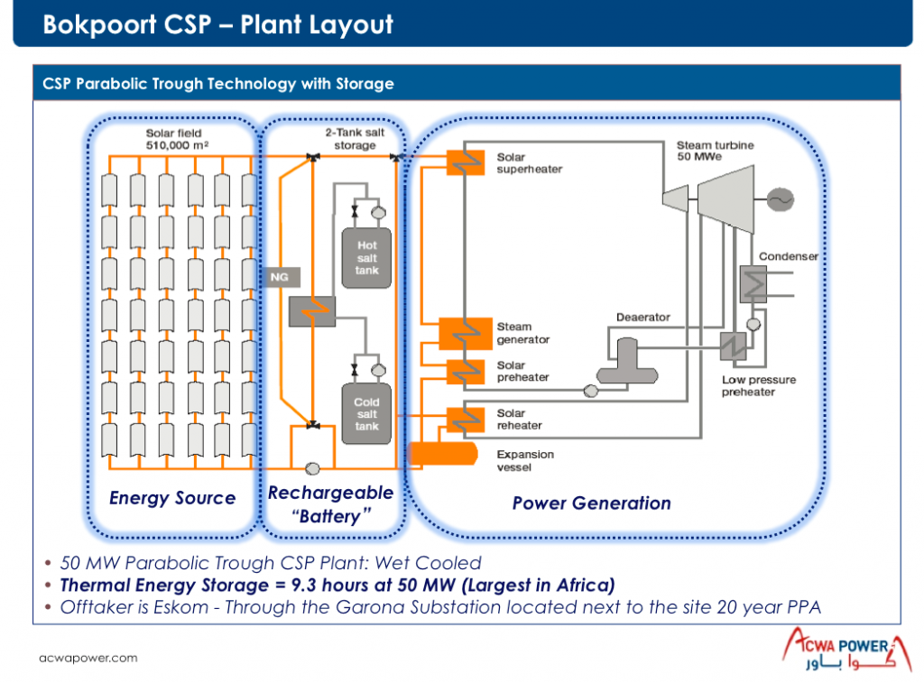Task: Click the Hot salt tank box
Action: pyautogui.click(x=366, y=257)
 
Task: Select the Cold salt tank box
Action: pyautogui.click(x=366, y=414)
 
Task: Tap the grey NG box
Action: pyautogui.click(x=279, y=276)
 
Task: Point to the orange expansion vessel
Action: pyautogui.click(x=443, y=453)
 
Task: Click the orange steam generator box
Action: pyautogui.click(x=464, y=334)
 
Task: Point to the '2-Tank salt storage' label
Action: pyautogui.click(x=354, y=139)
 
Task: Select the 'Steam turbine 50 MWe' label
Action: pyautogui.click(x=715, y=151)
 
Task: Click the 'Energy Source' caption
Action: pyautogui.click(x=171, y=498)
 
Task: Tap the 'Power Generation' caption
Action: pyautogui.click(x=591, y=503)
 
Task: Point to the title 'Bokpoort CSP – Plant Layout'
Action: pyautogui.click(x=218, y=24)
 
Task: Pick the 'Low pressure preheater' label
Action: pyautogui.click(x=759, y=386)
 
